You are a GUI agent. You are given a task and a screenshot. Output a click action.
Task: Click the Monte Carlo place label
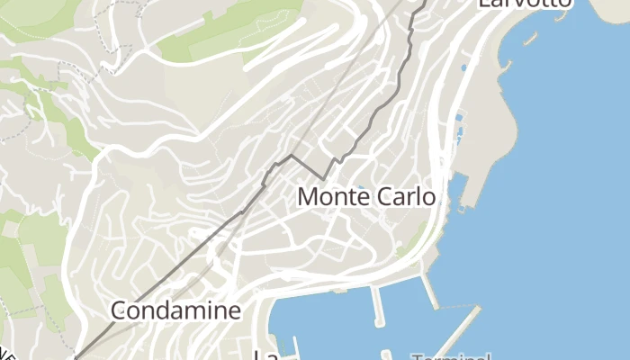tap(366, 196)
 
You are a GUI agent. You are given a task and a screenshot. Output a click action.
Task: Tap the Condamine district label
tap(176, 311)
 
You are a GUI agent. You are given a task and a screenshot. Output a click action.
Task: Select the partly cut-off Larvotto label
tap(525, 3)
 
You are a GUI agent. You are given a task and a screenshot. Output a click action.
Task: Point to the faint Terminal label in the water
tap(453, 356)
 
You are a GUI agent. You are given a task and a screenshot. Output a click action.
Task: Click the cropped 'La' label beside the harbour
tap(265, 355)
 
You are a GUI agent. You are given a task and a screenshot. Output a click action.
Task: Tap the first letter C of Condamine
tap(120, 311)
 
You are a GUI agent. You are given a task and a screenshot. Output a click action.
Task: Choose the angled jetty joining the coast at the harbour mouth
tap(429, 291)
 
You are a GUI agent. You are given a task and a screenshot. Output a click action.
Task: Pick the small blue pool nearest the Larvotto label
tap(464, 67)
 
